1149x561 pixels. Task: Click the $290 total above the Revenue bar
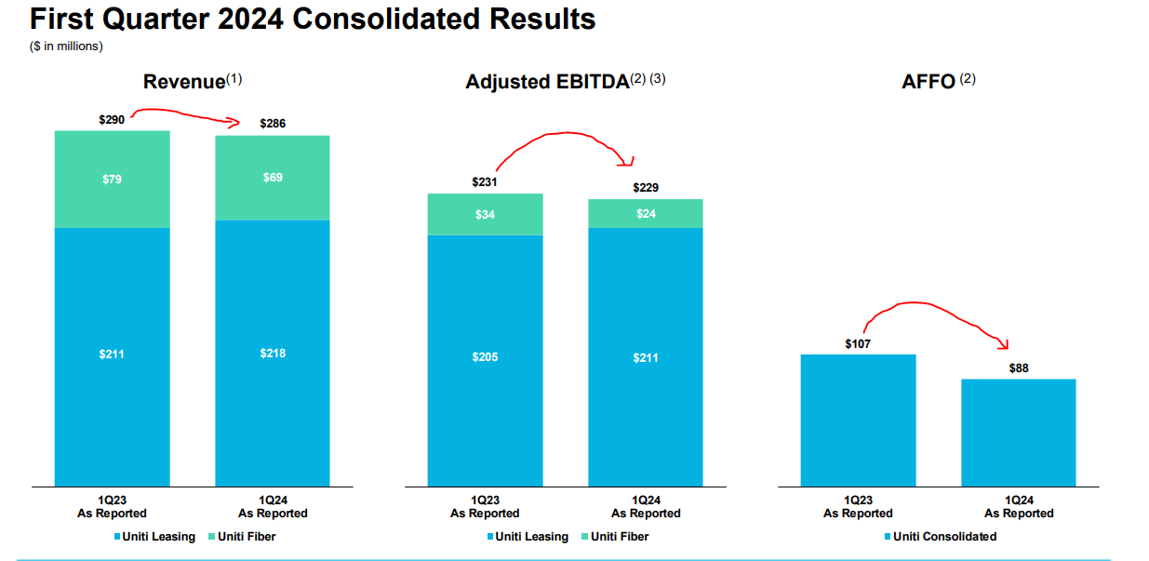point(112,120)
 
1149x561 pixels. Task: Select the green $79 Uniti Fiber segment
point(112,179)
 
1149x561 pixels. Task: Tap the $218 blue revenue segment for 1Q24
point(273,353)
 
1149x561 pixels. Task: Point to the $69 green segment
point(273,177)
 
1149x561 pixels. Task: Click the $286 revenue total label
point(273,123)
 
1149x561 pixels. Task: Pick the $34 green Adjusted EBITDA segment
point(485,215)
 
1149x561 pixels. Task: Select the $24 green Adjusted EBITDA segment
point(646,213)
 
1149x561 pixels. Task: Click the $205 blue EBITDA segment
point(485,357)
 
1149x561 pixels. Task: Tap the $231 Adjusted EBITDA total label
point(485,182)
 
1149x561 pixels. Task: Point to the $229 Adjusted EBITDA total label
point(646,188)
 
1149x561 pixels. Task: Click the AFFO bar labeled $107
point(858,419)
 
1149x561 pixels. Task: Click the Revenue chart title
point(184,82)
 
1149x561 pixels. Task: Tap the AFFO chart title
point(929,82)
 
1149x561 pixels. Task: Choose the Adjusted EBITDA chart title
point(547,82)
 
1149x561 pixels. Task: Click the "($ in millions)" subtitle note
point(66,45)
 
